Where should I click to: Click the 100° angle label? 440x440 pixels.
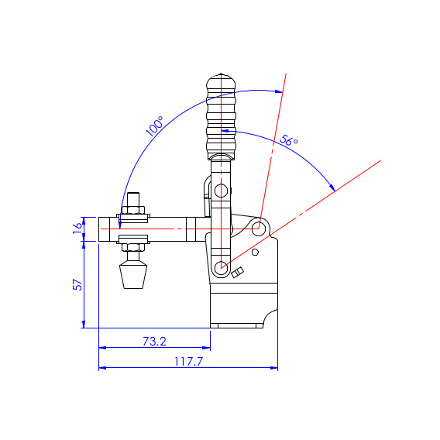[154, 126]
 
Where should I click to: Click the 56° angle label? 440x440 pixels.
[289, 140]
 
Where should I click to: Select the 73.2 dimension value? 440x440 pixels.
[154, 341]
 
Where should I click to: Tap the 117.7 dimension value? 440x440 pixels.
[188, 362]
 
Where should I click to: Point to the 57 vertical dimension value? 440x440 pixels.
[77, 284]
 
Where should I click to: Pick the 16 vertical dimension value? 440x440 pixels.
[77, 228]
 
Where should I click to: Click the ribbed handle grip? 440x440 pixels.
[221, 116]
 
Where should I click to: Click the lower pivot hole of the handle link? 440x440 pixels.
[221, 267]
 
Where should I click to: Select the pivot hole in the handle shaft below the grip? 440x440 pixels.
[221, 191]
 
